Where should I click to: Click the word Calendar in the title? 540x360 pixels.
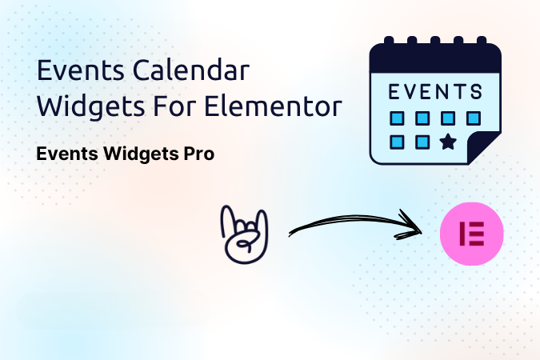[190, 70]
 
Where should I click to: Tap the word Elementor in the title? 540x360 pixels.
[273, 106]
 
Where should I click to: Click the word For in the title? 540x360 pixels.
[175, 106]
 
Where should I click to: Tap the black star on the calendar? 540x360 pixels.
[448, 142]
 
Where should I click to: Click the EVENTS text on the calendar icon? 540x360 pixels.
[435, 92]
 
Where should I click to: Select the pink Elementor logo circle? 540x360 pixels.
[471, 234]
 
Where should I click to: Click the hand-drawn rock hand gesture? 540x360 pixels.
[244, 234]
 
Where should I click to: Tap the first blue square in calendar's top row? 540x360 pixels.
[397, 118]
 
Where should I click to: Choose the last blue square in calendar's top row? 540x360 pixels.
[474, 118]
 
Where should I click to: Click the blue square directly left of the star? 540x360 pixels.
[422, 142]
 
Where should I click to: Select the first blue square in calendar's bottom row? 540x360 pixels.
[397, 142]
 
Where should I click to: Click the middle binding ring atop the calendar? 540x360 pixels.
[435, 40]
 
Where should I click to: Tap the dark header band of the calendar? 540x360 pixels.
[435, 58]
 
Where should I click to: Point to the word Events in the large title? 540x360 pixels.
[81, 70]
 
